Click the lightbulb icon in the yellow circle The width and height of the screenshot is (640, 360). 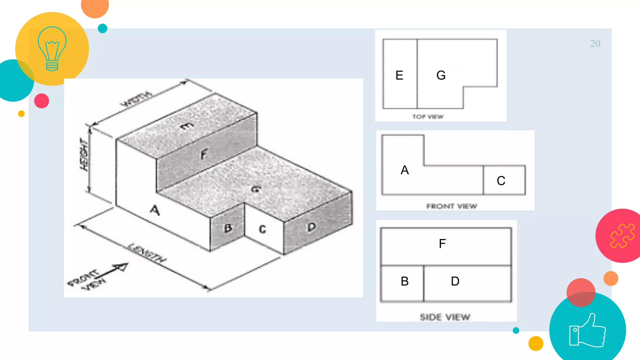[52, 49]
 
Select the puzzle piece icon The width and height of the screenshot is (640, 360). [622, 236]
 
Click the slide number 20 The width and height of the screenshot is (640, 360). [595, 44]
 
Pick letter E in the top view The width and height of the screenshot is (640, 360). [399, 75]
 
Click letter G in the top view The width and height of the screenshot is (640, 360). [441, 75]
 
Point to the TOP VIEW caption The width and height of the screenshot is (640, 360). [428, 117]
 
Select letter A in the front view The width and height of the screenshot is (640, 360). [405, 170]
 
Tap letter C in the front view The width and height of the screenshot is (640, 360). [501, 181]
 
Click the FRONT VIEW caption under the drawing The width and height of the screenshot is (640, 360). [452, 206]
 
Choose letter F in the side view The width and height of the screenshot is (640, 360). [442, 244]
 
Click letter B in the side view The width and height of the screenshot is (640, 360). [405, 281]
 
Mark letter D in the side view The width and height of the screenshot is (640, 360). [455, 281]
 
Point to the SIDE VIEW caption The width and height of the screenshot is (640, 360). [445, 317]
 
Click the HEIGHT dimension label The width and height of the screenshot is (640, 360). [84, 155]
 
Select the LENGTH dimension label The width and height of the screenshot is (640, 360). [147, 252]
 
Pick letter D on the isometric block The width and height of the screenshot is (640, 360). [311, 227]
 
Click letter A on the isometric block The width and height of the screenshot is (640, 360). [155, 210]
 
